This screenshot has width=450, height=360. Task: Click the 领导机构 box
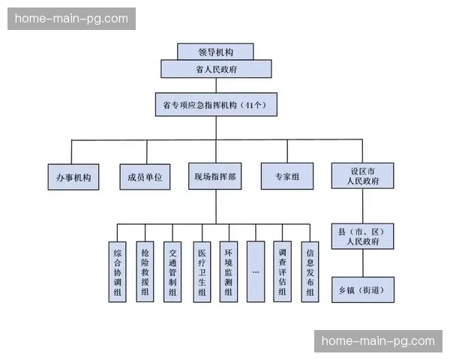click(x=216, y=52)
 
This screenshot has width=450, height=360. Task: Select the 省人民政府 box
click(x=216, y=69)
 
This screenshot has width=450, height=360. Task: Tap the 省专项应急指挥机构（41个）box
click(x=216, y=105)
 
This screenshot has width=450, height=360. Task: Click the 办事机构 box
click(x=73, y=177)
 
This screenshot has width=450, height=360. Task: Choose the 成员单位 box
click(x=145, y=177)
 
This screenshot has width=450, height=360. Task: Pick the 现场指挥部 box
click(x=215, y=177)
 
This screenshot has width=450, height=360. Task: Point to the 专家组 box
click(x=286, y=177)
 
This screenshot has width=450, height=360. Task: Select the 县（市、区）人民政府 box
click(x=362, y=236)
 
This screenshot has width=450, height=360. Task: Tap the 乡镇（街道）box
click(x=362, y=289)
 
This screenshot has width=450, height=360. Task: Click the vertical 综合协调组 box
click(x=118, y=271)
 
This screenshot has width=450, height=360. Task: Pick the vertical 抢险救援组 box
click(x=145, y=271)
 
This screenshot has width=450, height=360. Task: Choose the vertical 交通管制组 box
click(x=173, y=271)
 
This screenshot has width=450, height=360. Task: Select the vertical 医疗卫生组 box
click(x=201, y=271)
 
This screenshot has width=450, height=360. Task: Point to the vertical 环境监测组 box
click(x=228, y=271)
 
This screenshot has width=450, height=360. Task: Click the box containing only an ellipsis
click(x=256, y=271)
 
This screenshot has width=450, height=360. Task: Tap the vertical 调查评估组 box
click(x=283, y=271)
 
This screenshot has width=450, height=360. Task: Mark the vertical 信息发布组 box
click(x=310, y=271)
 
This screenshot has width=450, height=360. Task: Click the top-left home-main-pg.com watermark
click(x=72, y=19)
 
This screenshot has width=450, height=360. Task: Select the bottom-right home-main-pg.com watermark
click(x=378, y=341)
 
